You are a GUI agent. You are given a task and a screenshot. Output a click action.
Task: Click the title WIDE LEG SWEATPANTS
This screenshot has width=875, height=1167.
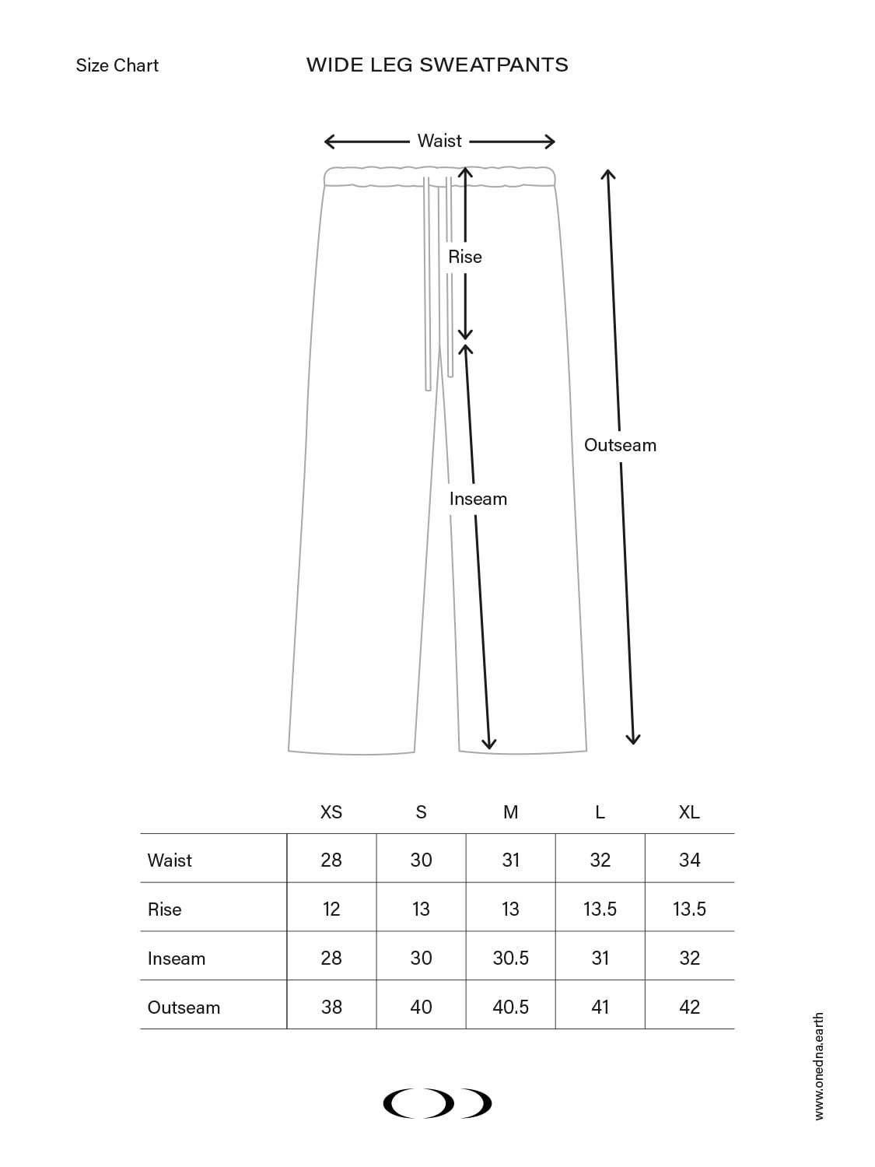[x=437, y=65]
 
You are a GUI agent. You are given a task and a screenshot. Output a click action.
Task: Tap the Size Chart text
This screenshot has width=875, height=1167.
[x=117, y=65]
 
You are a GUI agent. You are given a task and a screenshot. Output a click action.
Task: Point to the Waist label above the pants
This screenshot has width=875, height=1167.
[x=439, y=141]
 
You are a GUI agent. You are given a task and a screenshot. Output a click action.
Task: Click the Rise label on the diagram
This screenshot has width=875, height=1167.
[x=465, y=257]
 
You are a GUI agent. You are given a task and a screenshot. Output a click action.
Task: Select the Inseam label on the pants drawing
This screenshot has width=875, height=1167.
[x=478, y=499]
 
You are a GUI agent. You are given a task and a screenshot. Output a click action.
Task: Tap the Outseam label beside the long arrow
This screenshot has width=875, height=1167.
[x=620, y=445]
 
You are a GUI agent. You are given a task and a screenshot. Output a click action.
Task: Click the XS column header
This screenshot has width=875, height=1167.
[x=331, y=812]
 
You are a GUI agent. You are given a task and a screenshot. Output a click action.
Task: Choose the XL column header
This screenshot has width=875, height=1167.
[x=689, y=812]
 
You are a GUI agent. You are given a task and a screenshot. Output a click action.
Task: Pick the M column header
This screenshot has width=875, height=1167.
[x=510, y=812]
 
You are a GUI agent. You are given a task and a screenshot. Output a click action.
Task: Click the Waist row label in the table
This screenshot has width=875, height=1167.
[x=170, y=860]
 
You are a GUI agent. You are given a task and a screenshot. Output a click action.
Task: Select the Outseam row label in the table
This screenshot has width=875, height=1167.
[x=184, y=1008]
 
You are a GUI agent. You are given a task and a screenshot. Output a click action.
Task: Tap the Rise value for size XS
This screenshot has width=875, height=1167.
[x=331, y=909]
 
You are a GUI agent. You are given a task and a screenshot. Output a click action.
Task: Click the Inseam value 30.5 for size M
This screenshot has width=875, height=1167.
[x=510, y=958]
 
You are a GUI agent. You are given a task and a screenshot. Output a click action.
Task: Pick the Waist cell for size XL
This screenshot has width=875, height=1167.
[x=689, y=860]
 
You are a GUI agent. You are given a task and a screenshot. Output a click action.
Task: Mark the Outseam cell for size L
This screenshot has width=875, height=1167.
[x=600, y=1007]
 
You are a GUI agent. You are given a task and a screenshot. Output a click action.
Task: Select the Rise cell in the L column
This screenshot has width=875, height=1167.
[x=600, y=909]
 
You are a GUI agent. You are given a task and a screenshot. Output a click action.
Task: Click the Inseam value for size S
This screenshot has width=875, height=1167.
[x=421, y=958]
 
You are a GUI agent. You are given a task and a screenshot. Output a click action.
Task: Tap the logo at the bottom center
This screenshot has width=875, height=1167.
[x=437, y=1103]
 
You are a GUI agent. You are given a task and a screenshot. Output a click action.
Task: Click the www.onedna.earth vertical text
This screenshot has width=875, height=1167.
[x=819, y=1066]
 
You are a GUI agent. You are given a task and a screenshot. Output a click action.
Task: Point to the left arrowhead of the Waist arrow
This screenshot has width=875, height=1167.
[x=328, y=142]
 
